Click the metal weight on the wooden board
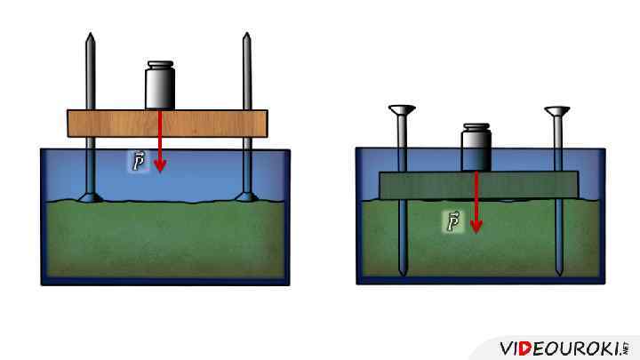point(160,88)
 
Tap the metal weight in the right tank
point(476,151)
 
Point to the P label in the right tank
point(453,221)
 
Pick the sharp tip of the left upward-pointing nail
point(89,37)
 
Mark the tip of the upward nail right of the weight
point(246,37)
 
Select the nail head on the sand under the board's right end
point(246,197)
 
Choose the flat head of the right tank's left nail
point(402,109)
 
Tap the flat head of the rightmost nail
point(558,110)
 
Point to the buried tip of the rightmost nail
point(558,273)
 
